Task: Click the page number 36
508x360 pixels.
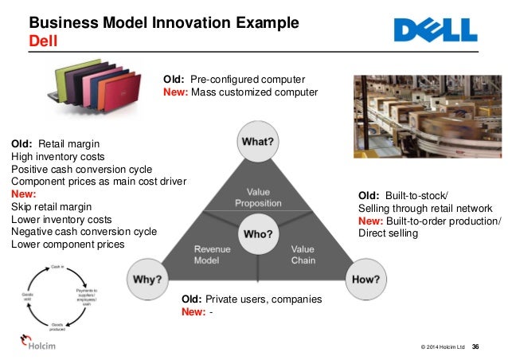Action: point(475,346)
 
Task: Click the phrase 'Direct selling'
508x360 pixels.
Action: point(389,233)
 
